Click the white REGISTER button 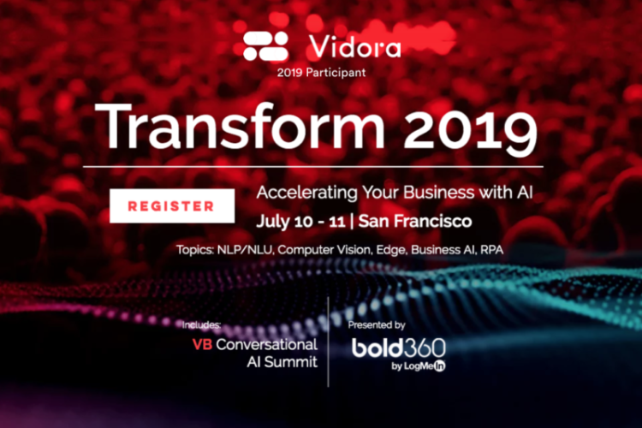[172, 206]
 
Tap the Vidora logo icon [265, 46]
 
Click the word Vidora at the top [354, 46]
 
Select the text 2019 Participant [321, 73]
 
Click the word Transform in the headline [240, 127]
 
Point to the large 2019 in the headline [471, 130]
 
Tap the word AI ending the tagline [525, 193]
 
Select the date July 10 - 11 [301, 222]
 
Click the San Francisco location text [415, 221]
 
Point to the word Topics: [195, 250]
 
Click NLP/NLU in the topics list [245, 250]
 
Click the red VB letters [202, 344]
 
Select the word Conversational [266, 344]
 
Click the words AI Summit [282, 362]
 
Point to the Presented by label [377, 325]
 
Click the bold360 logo [398, 348]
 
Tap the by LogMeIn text [419, 366]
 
